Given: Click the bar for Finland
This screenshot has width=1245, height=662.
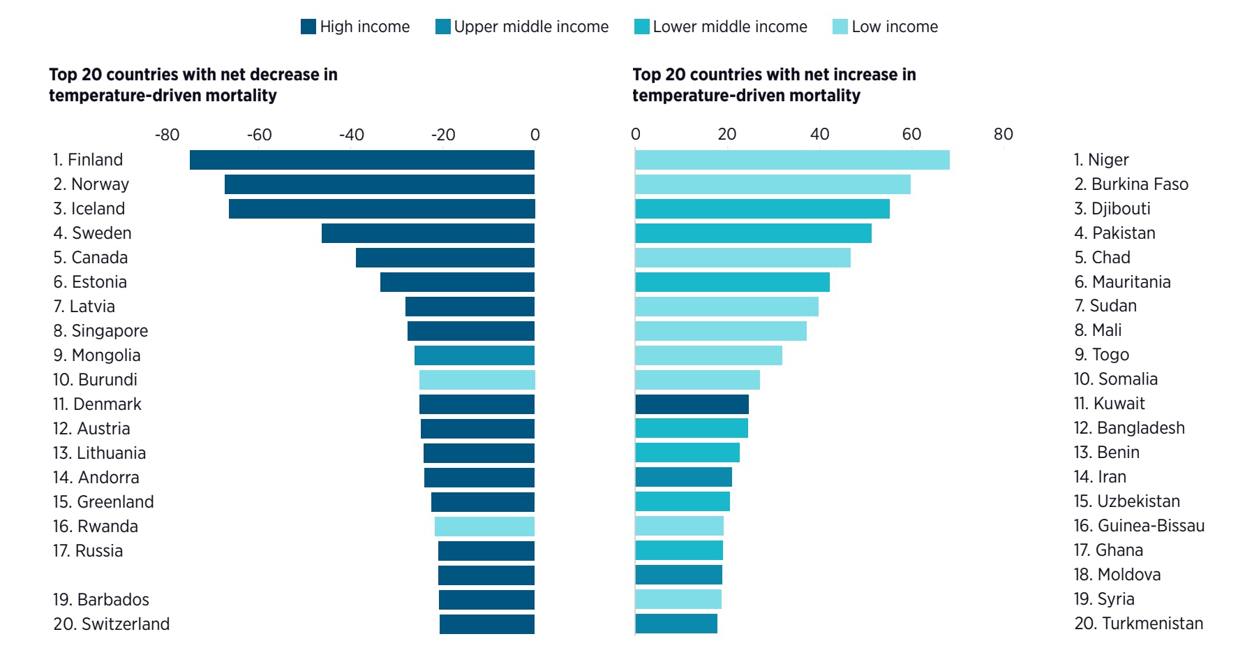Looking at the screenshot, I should point(361,160).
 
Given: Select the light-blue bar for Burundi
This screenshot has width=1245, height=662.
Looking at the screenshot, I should point(477,380).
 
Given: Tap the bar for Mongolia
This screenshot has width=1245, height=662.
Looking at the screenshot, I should point(475,355).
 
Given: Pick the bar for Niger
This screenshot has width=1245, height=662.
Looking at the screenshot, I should point(792,160).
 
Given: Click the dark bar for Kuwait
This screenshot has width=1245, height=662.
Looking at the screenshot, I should point(692,404).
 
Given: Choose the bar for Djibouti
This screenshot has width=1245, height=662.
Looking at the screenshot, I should point(762,209).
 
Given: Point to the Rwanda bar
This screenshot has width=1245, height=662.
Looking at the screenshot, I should point(484,527).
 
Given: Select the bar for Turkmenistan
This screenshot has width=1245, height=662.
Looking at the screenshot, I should point(676,624).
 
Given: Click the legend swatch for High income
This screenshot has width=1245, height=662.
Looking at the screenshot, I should point(308,27).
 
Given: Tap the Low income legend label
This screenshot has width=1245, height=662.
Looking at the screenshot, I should point(894,27).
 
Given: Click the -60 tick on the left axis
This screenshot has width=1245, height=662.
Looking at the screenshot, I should point(259,135).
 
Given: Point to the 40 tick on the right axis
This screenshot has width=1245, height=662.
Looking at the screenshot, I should point(819,134).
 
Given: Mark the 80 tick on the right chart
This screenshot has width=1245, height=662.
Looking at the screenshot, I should point(1003,134).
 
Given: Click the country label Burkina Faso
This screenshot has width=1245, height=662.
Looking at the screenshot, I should point(1139,184).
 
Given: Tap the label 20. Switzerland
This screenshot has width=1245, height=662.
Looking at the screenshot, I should point(112,624).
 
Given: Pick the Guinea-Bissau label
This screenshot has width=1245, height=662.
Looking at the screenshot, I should point(1150,526).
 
